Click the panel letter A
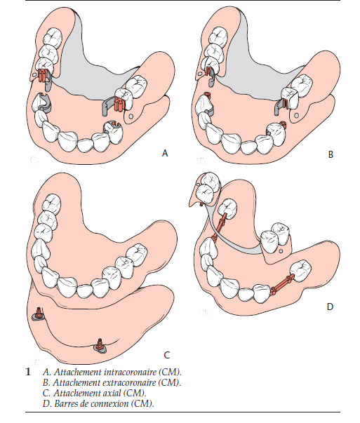[165, 153]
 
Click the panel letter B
[331, 154]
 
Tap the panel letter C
[167, 355]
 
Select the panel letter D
[330, 307]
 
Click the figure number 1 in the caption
[28, 372]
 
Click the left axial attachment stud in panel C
[38, 314]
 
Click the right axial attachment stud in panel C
[100, 346]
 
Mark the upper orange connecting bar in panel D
[220, 226]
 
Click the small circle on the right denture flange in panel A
[131, 116]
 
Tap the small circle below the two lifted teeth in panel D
[281, 251]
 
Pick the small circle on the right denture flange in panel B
[296, 115]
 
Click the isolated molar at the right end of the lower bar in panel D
[300, 271]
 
